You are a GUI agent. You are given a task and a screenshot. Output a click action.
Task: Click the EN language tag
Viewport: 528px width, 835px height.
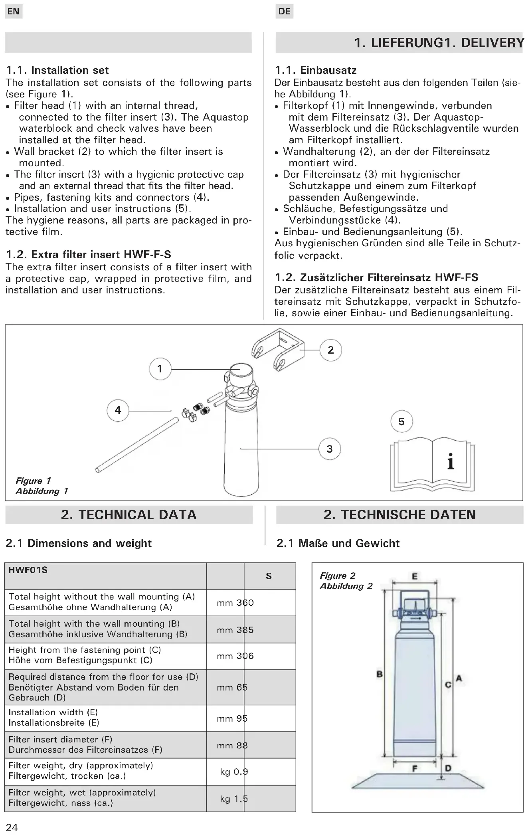pos(13,11)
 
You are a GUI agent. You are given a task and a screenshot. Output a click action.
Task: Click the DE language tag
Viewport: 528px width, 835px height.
pos(284,11)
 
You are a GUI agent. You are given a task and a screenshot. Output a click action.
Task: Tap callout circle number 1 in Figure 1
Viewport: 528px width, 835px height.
pos(160,368)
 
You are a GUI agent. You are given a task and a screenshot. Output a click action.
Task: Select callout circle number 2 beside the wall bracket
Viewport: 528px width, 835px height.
pos(330,350)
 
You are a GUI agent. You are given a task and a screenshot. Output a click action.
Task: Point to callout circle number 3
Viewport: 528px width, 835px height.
pos(329,449)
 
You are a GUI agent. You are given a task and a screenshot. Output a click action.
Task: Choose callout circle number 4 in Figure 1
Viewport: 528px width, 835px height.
pos(118,410)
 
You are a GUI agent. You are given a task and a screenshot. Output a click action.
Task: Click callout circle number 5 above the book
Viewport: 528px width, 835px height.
pos(401,421)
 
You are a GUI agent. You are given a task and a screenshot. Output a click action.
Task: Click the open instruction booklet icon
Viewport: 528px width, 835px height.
pos(433,465)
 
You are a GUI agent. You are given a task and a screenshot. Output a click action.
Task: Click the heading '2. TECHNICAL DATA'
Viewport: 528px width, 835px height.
pos(129,514)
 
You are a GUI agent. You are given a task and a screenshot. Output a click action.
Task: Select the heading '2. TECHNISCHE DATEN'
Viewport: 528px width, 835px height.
pos(399,514)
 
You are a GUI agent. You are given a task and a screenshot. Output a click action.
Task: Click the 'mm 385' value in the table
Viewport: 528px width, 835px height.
pos(235,630)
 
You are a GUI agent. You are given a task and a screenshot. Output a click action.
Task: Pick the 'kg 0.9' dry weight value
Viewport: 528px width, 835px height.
pos(234,772)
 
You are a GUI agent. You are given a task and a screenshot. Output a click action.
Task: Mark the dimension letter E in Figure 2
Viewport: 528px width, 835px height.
pos(415,576)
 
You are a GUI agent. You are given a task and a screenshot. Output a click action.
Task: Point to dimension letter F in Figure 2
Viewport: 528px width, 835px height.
pos(415,768)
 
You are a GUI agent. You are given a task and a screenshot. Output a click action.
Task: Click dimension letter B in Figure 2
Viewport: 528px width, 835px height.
pos(380,674)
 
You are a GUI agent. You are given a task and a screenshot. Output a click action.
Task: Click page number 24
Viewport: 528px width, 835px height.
pos(12,827)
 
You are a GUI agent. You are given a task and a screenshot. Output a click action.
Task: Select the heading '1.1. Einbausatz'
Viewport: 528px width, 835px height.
pos(315,70)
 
